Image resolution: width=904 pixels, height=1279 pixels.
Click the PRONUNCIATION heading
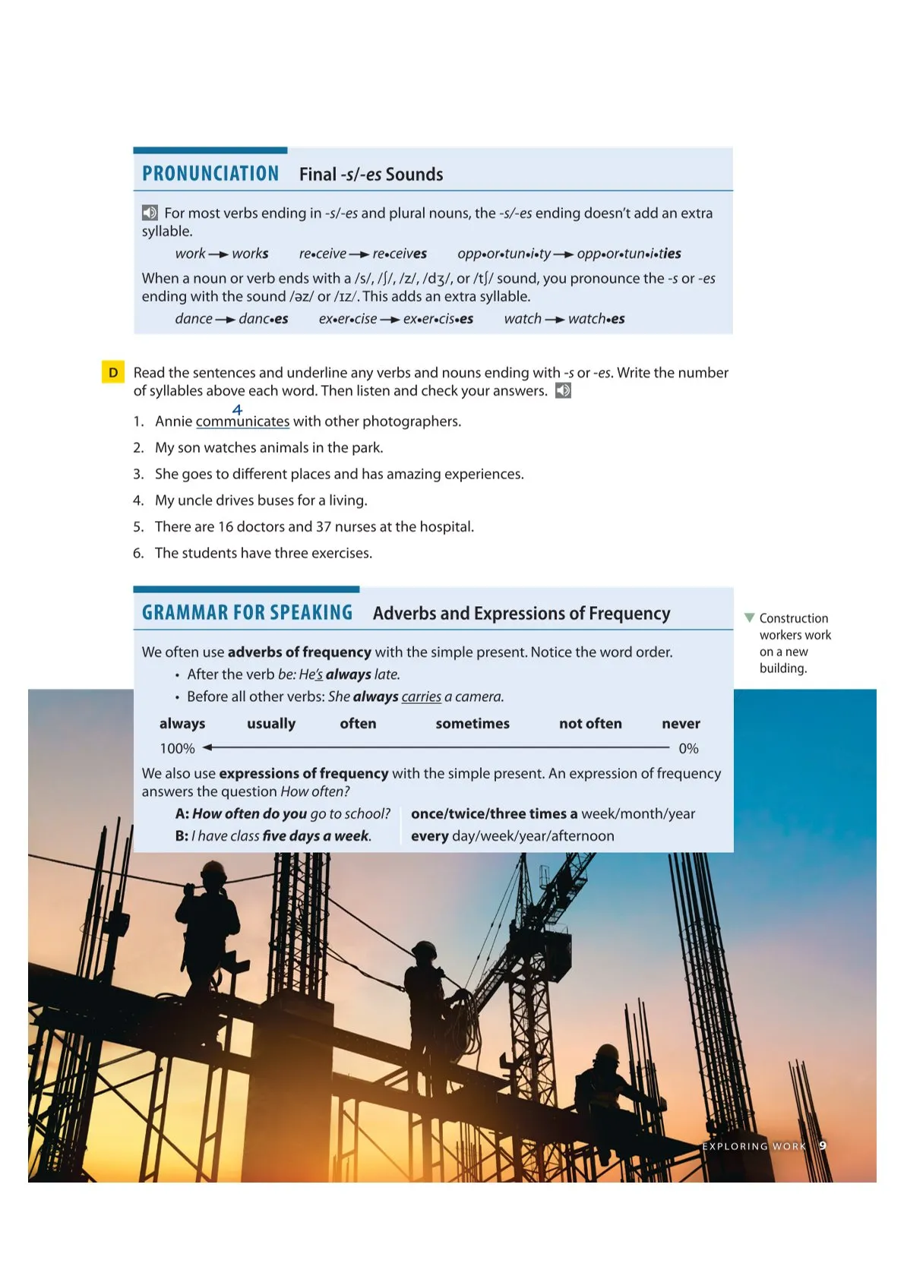pyautogui.click(x=210, y=174)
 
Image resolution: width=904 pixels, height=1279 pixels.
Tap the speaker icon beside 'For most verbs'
pyautogui.click(x=150, y=213)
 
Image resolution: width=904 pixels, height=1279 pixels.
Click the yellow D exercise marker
pyautogui.click(x=113, y=372)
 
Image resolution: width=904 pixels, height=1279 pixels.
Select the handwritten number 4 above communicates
pyautogui.click(x=237, y=409)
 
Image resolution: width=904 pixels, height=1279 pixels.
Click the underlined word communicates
pyautogui.click(x=242, y=422)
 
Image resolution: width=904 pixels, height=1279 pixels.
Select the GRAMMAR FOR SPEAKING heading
pyautogui.click(x=247, y=613)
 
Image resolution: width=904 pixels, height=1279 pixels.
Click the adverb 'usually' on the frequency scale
pyautogui.click(x=271, y=724)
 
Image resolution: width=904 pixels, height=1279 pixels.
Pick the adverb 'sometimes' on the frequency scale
pyautogui.click(x=473, y=724)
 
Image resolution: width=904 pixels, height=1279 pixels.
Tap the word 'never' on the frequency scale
pyautogui.click(x=681, y=724)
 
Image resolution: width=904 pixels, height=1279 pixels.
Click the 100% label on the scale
pyautogui.click(x=177, y=749)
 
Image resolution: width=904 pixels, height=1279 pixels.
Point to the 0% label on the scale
pyautogui.click(x=688, y=749)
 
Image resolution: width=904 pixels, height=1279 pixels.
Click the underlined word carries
pyautogui.click(x=421, y=697)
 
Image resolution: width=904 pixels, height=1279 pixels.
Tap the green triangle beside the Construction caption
pyautogui.click(x=750, y=618)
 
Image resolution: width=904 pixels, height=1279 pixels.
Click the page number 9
pyautogui.click(x=823, y=1145)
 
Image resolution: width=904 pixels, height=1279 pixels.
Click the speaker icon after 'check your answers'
pyautogui.click(x=563, y=391)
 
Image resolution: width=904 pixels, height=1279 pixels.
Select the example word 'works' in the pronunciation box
pyautogui.click(x=250, y=254)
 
